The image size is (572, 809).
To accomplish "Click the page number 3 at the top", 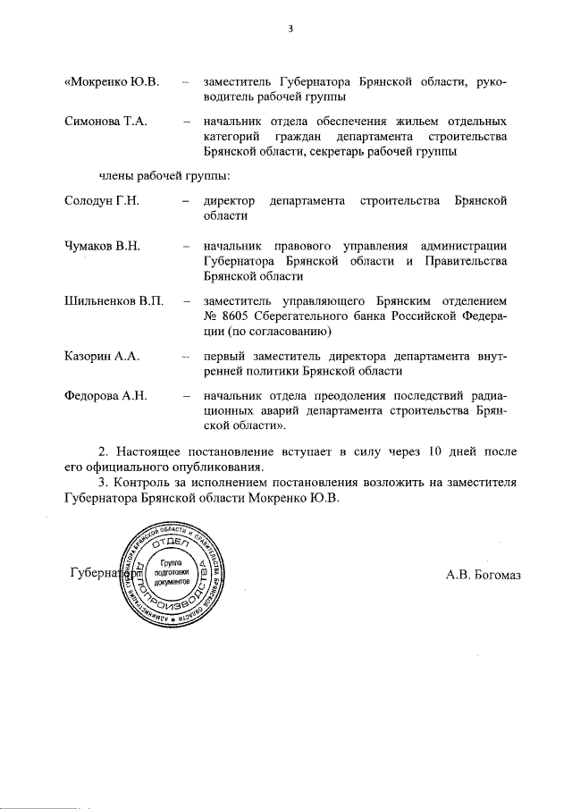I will (x=290, y=29).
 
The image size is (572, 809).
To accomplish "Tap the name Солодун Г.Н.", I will (x=104, y=199).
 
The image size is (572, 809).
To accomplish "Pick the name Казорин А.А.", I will (x=103, y=356).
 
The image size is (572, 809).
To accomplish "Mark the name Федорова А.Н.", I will (x=106, y=395).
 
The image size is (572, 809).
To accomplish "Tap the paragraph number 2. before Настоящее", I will (x=103, y=451).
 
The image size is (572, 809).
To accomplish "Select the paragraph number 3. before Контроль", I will (x=103, y=483).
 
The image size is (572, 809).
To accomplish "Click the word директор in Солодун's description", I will (x=230, y=199).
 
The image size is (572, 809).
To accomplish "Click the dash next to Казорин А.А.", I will (x=185, y=356).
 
